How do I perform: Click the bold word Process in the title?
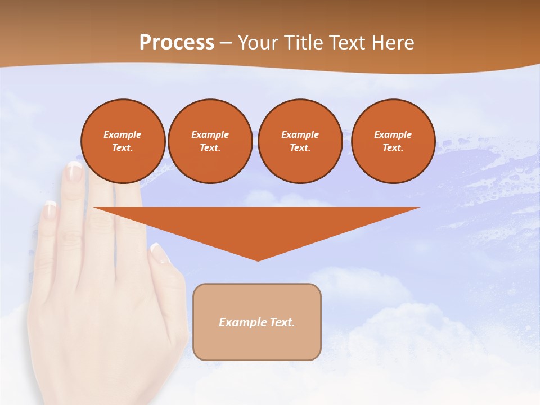[177, 43]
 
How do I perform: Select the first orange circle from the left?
[123, 141]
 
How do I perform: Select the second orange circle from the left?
[210, 141]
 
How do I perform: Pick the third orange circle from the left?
[300, 141]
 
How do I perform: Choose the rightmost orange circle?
[393, 141]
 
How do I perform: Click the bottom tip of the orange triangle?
[258, 260]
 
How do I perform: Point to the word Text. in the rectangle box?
[282, 322]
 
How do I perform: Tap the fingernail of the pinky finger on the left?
[50, 211]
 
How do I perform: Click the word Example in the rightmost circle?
[393, 134]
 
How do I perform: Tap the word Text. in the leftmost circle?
[123, 147]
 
